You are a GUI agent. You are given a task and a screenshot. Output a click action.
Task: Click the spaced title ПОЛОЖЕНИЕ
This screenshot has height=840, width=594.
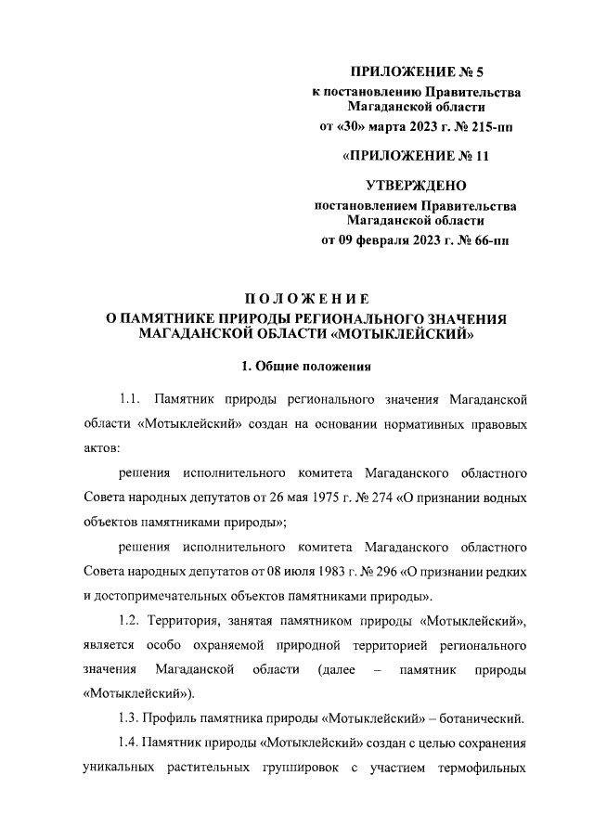click(307, 299)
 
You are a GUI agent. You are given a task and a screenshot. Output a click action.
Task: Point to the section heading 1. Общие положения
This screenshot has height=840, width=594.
click(307, 367)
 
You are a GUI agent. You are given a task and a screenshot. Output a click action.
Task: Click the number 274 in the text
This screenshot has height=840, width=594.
click(384, 497)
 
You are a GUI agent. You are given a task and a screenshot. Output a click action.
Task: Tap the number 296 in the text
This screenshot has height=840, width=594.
click(389, 569)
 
